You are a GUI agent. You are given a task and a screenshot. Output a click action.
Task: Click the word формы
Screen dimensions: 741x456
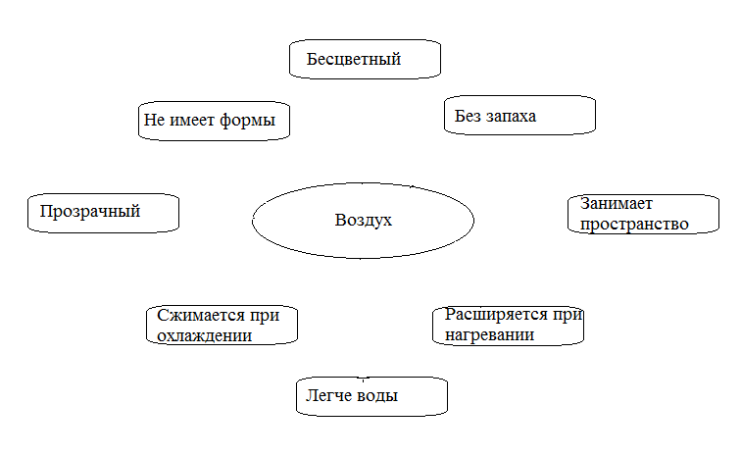click(x=247, y=121)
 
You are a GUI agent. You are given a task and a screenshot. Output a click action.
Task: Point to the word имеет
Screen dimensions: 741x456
click(x=192, y=121)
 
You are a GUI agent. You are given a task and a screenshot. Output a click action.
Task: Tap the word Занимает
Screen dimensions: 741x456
click(x=617, y=203)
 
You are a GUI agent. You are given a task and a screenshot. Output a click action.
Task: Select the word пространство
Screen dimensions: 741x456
click(x=634, y=225)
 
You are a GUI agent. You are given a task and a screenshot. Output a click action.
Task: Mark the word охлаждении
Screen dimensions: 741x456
click(x=204, y=335)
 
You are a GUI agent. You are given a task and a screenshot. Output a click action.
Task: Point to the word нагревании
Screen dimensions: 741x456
click(x=489, y=335)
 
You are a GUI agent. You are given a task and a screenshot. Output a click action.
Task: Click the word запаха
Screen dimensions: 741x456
click(x=511, y=117)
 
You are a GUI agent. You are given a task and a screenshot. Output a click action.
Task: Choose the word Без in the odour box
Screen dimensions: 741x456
click(x=467, y=116)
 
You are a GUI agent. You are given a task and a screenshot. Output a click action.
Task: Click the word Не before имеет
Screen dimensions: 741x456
click(x=154, y=120)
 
